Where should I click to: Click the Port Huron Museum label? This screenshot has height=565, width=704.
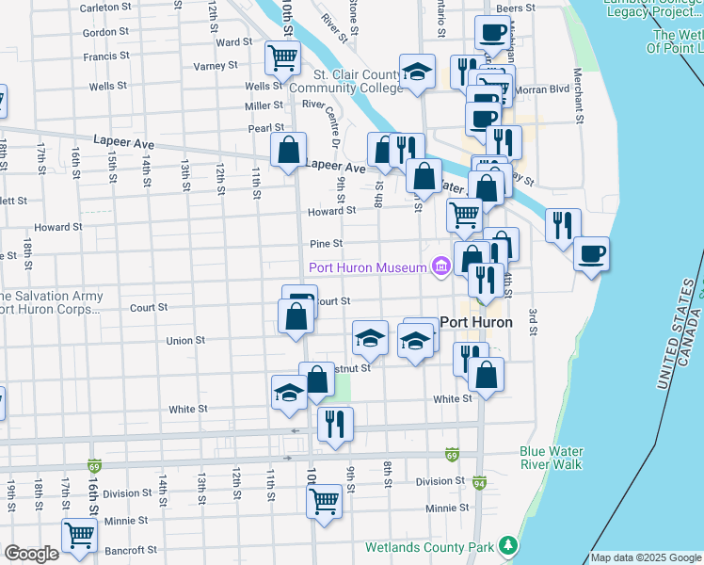coord(368,268)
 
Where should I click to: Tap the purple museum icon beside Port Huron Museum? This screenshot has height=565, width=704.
coord(440,268)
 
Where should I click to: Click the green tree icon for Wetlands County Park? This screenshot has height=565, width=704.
coord(508,545)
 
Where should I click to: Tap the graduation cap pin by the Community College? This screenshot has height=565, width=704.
coord(416,73)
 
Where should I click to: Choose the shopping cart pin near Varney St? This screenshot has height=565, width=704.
coord(282,57)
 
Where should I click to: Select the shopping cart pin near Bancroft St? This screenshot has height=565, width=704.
coord(80,535)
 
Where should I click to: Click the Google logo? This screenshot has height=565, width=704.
coord(31,554)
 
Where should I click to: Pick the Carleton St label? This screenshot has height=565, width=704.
coord(104,8)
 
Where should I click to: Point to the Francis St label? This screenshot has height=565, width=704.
coord(99,56)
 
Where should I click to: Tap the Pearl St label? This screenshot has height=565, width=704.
coord(266,127)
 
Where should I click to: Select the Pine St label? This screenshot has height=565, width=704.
coord(325,244)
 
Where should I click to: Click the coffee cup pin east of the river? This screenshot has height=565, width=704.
coord(591,253)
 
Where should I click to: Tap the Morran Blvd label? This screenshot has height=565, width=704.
coord(536,89)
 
